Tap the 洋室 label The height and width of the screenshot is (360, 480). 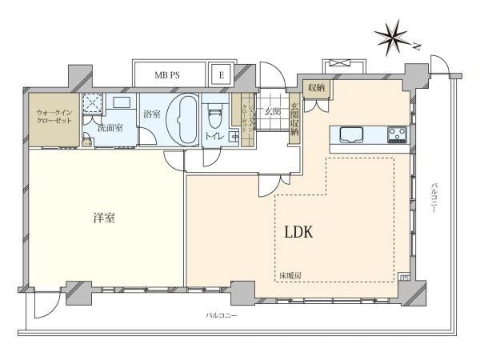(102, 216)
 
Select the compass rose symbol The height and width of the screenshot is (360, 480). (394, 37)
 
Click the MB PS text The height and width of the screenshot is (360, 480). (168, 75)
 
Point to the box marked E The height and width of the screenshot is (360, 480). (219, 75)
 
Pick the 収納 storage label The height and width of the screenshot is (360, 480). (314, 88)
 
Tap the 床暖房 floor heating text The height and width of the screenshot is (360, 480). (290, 276)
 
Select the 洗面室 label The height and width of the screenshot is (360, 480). (110, 128)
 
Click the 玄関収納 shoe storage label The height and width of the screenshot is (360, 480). (294, 118)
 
